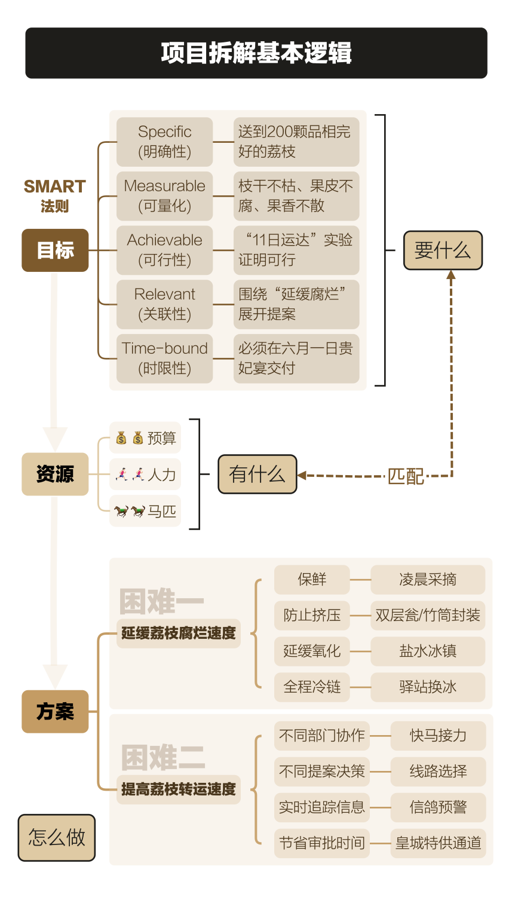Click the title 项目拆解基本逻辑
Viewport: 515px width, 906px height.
click(256, 53)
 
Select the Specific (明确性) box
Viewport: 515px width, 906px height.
click(164, 142)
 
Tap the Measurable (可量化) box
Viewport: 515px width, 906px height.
click(164, 196)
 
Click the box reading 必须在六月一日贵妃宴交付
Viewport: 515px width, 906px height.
click(296, 359)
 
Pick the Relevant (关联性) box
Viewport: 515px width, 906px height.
click(164, 304)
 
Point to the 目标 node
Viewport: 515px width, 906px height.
click(55, 250)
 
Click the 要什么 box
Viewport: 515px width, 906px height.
click(442, 250)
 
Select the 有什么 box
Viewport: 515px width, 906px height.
click(257, 475)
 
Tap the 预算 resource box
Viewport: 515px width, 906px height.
click(145, 438)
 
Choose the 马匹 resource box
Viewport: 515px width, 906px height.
click(145, 511)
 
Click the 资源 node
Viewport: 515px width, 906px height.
click(55, 475)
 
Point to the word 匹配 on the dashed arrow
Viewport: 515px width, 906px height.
click(406, 476)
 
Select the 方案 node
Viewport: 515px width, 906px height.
click(55, 711)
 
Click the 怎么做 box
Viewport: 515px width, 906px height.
click(57, 837)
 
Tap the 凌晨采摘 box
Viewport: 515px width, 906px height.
click(428, 580)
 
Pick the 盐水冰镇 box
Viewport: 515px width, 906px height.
click(428, 651)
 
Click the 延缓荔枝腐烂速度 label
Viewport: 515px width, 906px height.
click(178, 633)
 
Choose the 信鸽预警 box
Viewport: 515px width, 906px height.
click(438, 807)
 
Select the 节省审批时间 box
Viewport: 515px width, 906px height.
click(321, 843)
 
